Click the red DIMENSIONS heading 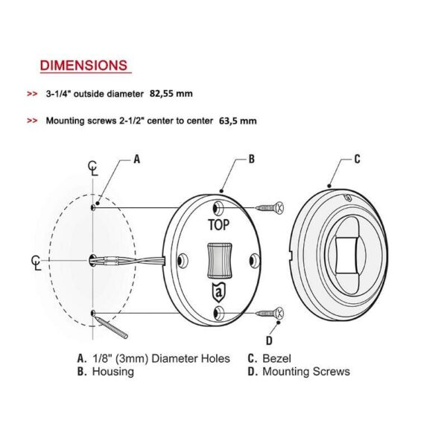83,66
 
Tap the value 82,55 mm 171,94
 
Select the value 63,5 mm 238,121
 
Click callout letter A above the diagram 137,159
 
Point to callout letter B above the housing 252,159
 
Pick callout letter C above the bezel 357,159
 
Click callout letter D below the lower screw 269,340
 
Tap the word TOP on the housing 218,225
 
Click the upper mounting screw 270,208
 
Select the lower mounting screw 270,313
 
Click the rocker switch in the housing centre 219,260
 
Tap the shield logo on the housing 219,293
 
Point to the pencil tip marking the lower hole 95,317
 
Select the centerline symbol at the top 92,168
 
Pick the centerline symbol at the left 37,262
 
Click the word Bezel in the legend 276,358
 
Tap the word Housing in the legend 113,372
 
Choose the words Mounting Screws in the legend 306,372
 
